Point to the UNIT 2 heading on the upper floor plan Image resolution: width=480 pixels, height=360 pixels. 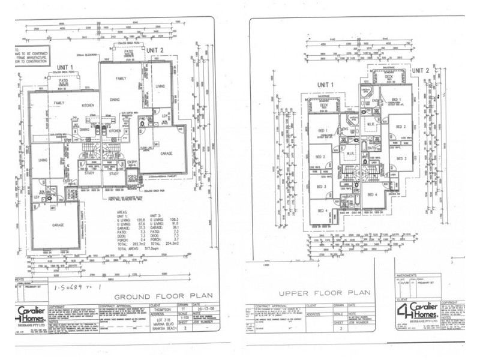[x=424, y=70]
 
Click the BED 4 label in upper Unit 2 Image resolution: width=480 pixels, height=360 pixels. [x=372, y=195]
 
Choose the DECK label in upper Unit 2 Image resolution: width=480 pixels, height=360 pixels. [x=388, y=77]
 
